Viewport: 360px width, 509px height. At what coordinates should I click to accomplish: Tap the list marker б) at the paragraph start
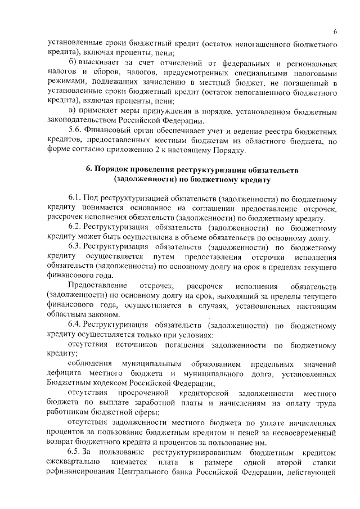click(72, 61)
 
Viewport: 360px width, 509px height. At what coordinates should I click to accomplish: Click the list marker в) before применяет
click(72, 109)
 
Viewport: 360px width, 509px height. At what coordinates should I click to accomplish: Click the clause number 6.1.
click(75, 199)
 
